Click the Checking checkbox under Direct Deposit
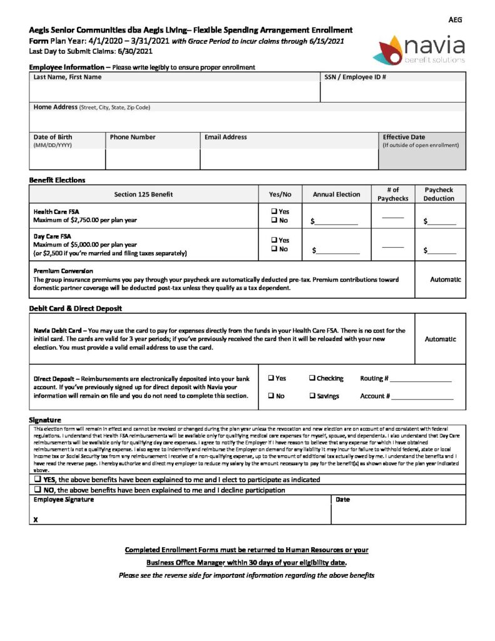tap(312, 378)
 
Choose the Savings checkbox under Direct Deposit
tap(312, 396)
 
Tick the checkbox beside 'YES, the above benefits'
tap(38, 479)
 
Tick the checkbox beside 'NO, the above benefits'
tap(38, 490)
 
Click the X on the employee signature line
tap(36, 520)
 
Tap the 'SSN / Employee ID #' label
tap(354, 77)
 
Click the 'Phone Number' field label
tap(133, 137)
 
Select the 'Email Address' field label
tap(225, 137)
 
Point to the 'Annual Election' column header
tap(336, 194)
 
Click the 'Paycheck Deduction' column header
tap(439, 194)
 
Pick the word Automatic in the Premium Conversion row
tap(445, 279)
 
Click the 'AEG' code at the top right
tap(456, 20)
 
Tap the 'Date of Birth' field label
tap(53, 137)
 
